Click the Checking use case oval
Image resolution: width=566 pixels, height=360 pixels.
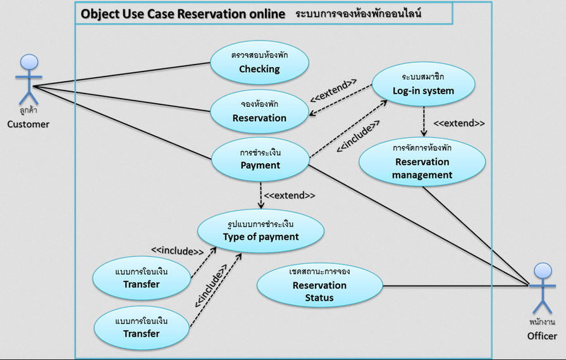click(x=259, y=62)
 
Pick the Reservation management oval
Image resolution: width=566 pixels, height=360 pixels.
click(x=423, y=161)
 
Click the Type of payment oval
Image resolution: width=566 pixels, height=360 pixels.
click(x=261, y=230)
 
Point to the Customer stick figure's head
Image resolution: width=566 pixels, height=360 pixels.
click(x=28, y=63)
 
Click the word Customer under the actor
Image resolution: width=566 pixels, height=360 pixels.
click(x=28, y=124)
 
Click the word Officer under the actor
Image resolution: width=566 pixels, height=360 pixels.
click(x=542, y=336)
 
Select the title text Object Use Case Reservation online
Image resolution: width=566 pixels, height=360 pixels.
click(x=183, y=13)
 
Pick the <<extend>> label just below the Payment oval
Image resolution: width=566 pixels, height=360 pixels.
click(x=289, y=196)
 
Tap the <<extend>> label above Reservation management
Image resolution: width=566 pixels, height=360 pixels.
click(x=459, y=123)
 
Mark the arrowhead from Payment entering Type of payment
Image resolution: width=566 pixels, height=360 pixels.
click(x=260, y=206)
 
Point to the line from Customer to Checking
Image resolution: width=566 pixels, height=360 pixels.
click(x=120, y=74)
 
